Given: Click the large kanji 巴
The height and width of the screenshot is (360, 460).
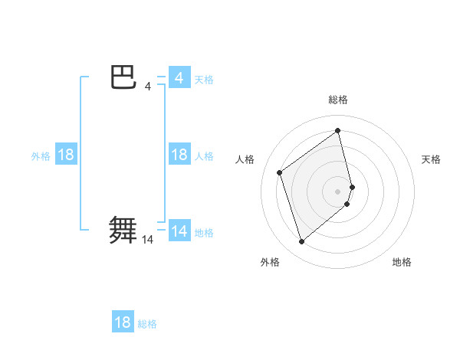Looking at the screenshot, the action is [x=123, y=78].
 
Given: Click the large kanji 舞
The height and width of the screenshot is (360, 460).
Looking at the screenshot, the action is [x=123, y=231].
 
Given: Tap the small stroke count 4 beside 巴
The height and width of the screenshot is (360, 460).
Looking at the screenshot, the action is [x=147, y=87].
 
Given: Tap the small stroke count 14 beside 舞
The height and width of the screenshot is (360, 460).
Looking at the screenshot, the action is [x=147, y=240].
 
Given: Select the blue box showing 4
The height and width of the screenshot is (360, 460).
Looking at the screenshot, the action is [x=179, y=78].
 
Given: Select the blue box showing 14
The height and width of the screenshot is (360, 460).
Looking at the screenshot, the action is [x=179, y=231].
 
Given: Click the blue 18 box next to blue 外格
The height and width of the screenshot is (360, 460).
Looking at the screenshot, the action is [x=66, y=155].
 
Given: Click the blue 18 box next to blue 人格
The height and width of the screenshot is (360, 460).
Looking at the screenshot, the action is [x=179, y=155].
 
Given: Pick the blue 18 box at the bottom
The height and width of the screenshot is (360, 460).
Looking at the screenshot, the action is [x=123, y=322].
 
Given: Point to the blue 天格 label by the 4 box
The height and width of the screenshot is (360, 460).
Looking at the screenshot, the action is [x=204, y=79].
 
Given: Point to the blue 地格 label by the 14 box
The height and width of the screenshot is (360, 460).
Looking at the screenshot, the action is [x=204, y=232].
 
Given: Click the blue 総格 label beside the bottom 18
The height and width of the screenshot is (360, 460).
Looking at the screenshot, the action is [x=147, y=324].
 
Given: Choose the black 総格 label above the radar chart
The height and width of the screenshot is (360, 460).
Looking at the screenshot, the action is [x=338, y=100].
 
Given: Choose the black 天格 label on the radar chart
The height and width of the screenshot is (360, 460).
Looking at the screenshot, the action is [x=431, y=159].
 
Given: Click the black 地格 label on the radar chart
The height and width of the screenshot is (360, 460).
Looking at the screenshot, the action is [x=402, y=263].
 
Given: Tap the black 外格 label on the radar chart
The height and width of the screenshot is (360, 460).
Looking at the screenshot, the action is [x=270, y=263].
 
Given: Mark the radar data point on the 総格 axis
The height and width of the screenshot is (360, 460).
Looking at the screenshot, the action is [x=338, y=130].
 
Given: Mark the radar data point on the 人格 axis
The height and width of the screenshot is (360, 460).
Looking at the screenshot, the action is [x=280, y=172].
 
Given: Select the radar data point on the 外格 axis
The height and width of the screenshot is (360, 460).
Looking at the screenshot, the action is [x=302, y=242].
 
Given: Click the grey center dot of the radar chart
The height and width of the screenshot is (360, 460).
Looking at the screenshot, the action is [x=338, y=191].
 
